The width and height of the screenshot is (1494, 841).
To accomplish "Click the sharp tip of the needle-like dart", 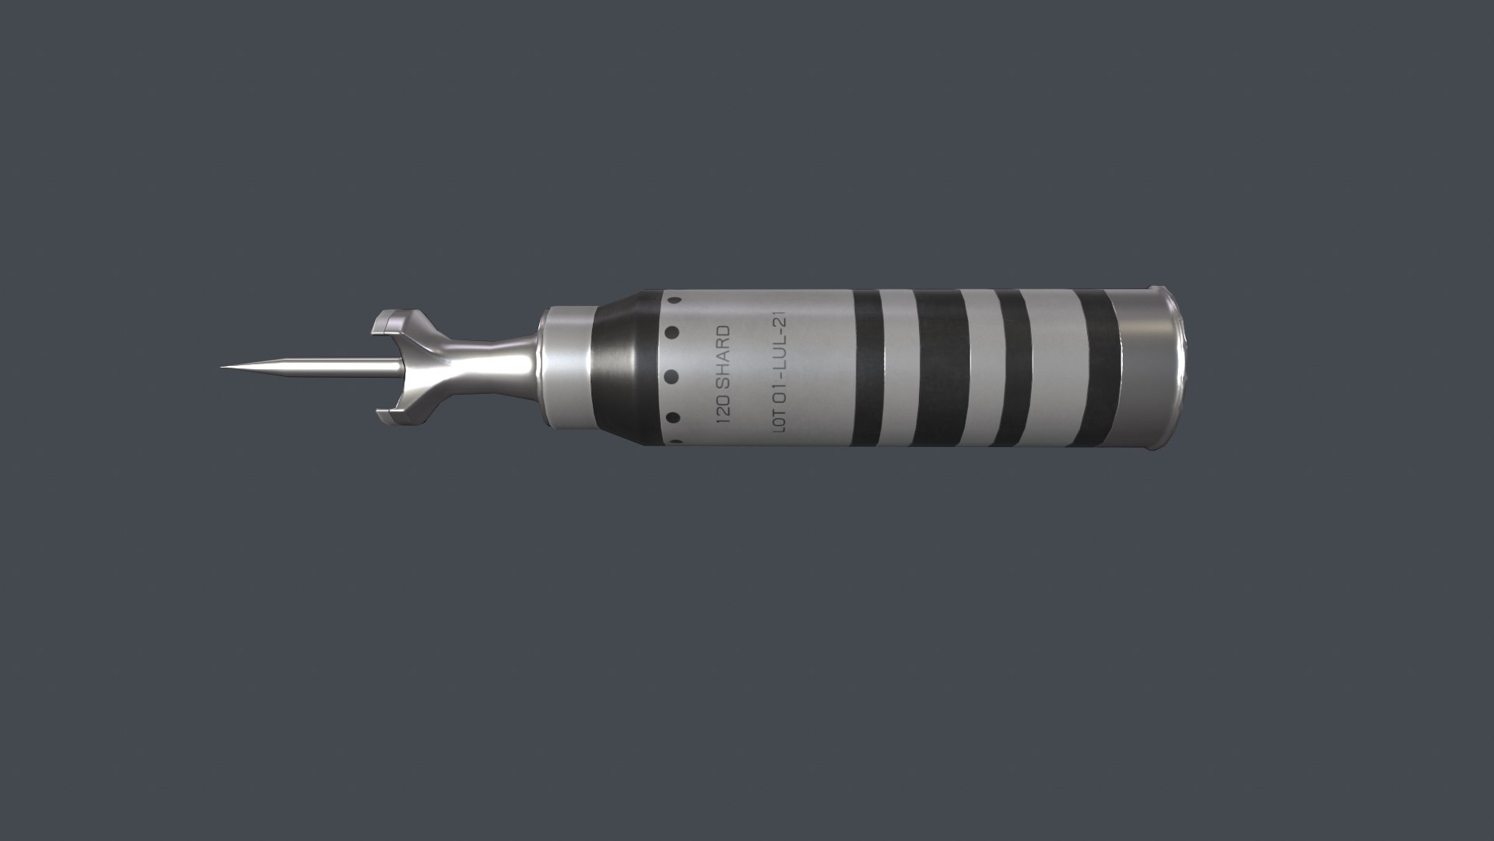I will [223, 367].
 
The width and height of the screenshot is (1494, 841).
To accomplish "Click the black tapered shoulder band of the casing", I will [622, 367].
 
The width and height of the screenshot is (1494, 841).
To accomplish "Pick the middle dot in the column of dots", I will [673, 376].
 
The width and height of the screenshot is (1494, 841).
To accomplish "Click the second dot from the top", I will [672, 333].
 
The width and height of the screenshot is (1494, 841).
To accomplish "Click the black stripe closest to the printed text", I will [868, 367].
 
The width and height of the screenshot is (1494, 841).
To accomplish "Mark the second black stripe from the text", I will [937, 367].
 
